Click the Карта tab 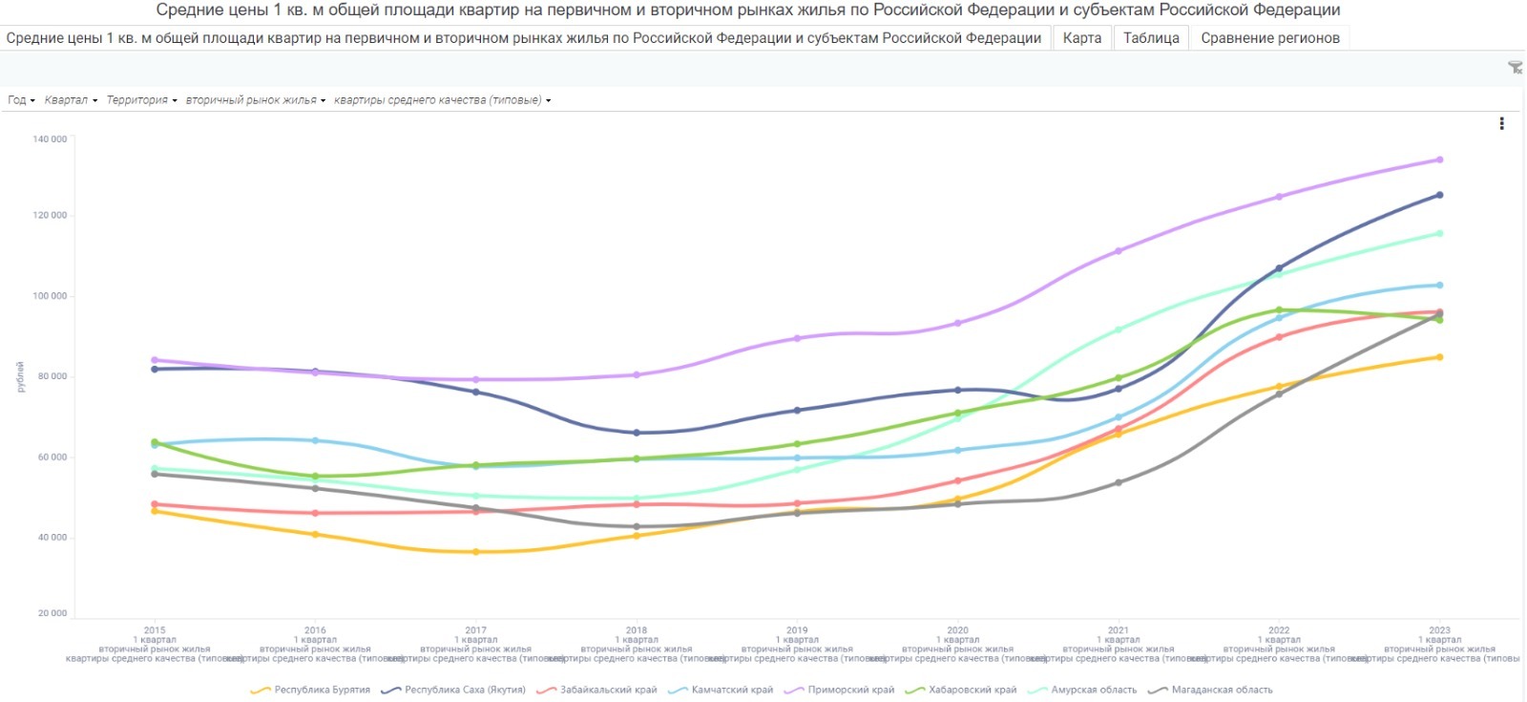pyautogui.click(x=1081, y=38)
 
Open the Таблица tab pyautogui.click(x=1151, y=38)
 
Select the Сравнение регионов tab pyautogui.click(x=1269, y=38)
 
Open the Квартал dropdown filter pyautogui.click(x=71, y=100)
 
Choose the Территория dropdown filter pyautogui.click(x=141, y=100)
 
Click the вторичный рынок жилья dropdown pyautogui.click(x=256, y=100)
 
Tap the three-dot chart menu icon pyautogui.click(x=1501, y=123)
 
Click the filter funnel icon pyautogui.click(x=1515, y=68)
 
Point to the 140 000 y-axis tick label pyautogui.click(x=50, y=139)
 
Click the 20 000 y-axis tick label pyautogui.click(x=52, y=613)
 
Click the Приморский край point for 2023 pyautogui.click(x=1439, y=160)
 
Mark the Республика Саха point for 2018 pyautogui.click(x=637, y=433)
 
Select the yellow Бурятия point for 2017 pyautogui.click(x=475, y=552)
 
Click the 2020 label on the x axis pyautogui.click(x=957, y=630)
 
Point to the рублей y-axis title pyautogui.click(x=20, y=376)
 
